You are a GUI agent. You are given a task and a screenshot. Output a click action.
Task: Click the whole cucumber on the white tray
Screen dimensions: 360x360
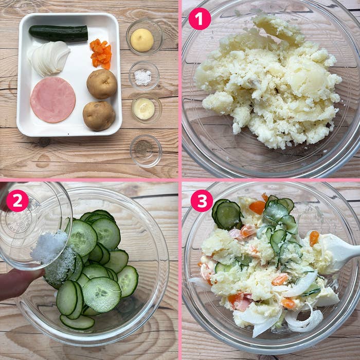(59, 33)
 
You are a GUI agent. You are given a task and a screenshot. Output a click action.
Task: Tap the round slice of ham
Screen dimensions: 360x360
(53, 100)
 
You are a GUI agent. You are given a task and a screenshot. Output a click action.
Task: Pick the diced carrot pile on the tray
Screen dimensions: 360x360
(101, 54)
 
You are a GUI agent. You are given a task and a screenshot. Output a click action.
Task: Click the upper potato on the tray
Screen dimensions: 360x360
(102, 84)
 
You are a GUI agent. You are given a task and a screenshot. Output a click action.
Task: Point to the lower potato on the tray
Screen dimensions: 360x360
(99, 116)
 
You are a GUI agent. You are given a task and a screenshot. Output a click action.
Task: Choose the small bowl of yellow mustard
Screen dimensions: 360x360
(145, 37)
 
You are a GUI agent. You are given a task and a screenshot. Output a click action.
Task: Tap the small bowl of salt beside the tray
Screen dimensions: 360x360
(144, 76)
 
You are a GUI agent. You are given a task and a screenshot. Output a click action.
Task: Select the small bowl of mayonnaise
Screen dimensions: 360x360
(147, 109)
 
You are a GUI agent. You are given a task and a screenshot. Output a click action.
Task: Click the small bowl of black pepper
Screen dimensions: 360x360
(146, 151)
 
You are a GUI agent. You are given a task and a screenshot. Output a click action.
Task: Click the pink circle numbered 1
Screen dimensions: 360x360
(200, 19)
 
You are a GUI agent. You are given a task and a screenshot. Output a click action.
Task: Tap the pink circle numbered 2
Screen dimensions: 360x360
(17, 201)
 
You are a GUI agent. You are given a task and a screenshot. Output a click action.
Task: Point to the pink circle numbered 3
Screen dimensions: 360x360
(202, 201)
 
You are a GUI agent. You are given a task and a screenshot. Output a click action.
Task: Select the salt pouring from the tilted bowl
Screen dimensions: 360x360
(49, 247)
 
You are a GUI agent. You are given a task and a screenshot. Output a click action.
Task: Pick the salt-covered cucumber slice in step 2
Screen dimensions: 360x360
(60, 267)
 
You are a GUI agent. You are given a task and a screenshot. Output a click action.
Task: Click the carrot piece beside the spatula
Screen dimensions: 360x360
(314, 238)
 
